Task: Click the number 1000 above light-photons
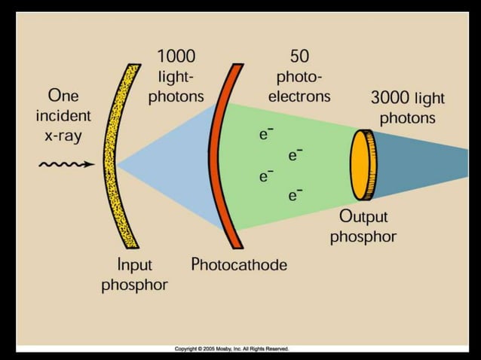[x=176, y=56]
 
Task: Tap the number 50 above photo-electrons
[x=299, y=56]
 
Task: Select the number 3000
[x=391, y=98]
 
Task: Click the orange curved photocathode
[x=220, y=158]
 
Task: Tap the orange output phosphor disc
[x=363, y=165]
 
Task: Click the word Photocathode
[x=239, y=264]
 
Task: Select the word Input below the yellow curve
[x=134, y=265]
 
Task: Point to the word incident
[x=63, y=117]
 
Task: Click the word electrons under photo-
[x=299, y=96]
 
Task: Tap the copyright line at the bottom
[x=231, y=349]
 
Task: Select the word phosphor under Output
[x=363, y=236]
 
